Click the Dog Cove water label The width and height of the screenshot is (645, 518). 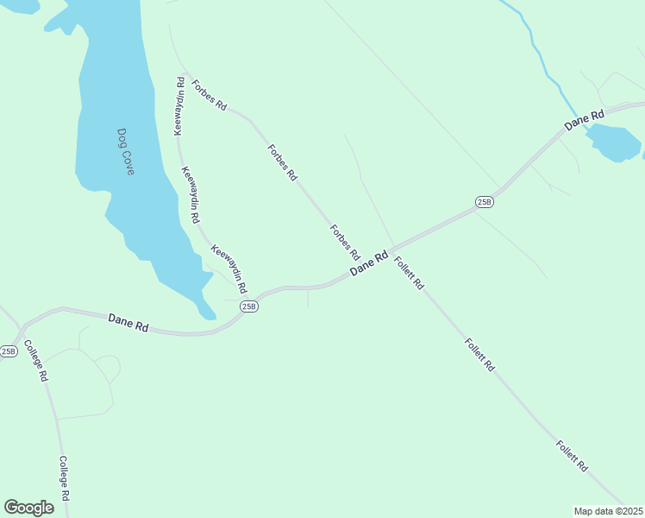[x=126, y=152]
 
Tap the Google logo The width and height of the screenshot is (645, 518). [x=28, y=508]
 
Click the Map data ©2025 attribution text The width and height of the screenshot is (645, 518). [x=609, y=511]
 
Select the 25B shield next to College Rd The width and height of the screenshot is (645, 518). [x=9, y=351]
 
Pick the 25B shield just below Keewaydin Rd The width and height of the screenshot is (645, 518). [x=249, y=306]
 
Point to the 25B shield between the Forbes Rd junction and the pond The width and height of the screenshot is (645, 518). [x=485, y=202]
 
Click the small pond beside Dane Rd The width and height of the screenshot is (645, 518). [x=613, y=142]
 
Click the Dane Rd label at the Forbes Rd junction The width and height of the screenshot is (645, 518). [x=369, y=264]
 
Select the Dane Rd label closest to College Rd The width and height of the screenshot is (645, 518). [x=128, y=323]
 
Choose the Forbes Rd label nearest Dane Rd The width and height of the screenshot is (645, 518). [x=344, y=242]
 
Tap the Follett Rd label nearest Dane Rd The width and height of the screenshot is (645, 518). [x=409, y=272]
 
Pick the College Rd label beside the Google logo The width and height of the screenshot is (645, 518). [x=64, y=481]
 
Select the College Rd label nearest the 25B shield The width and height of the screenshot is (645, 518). [x=36, y=362]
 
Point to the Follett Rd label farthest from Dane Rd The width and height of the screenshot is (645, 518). [x=572, y=456]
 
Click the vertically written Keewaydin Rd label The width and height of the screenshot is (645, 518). [x=179, y=107]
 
